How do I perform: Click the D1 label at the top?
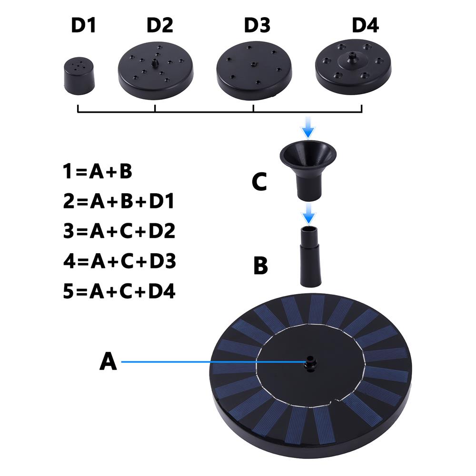pyautogui.click(x=83, y=25)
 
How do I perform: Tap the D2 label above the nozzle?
pyautogui.click(x=159, y=25)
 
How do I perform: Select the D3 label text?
pyautogui.click(x=257, y=25)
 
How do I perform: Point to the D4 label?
pyautogui.click(x=365, y=25)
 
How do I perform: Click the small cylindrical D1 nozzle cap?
pyautogui.click(x=79, y=76)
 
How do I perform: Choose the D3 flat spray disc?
pyautogui.click(x=254, y=71)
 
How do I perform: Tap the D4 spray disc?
pyautogui.click(x=353, y=67)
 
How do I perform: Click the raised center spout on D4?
pyautogui.click(x=352, y=58)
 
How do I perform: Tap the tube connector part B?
pyautogui.click(x=310, y=257)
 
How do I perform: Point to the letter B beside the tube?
pyautogui.click(x=260, y=266)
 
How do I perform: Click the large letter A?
pyautogui.click(x=108, y=361)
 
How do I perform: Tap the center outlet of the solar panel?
pyautogui.click(x=310, y=363)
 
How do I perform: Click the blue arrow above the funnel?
pyautogui.click(x=308, y=128)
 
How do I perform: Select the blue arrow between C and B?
pyautogui.click(x=308, y=214)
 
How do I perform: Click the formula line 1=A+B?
pyautogui.click(x=98, y=171)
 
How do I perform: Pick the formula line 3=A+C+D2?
pyautogui.click(x=119, y=231)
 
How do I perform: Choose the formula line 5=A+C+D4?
pyautogui.click(x=119, y=291)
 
